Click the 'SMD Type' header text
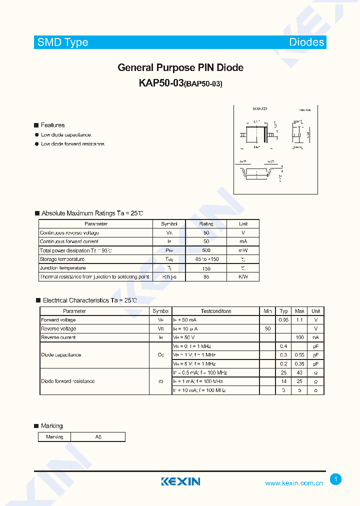pos(63,42)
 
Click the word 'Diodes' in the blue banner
pos(306,42)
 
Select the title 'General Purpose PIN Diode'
pos(180,67)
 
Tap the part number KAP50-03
pos(161,83)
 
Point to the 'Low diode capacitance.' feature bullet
pos(66,135)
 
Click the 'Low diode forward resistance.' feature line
pos(73,144)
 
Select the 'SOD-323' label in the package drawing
pos(258,108)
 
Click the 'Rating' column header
pos(206,224)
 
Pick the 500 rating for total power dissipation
pos(206,250)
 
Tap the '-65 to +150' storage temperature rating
pos(206,259)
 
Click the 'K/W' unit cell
pos(243,276)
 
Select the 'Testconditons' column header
pos(216,311)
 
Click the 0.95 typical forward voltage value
pos(283,320)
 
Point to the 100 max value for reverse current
pos(299,337)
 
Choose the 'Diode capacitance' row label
pos(61,355)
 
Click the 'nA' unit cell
pos(316,337)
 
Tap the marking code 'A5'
pos(98,437)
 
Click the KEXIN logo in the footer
pos(180,481)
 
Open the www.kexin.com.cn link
pos(293,483)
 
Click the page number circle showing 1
pos(336,479)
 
